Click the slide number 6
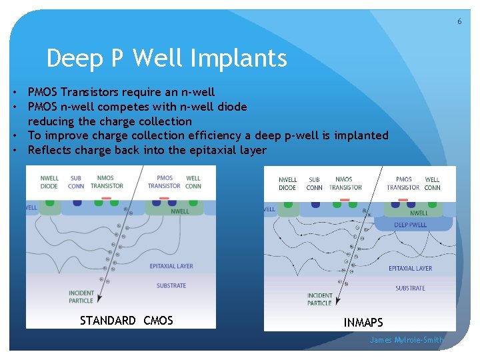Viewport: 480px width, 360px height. click(x=459, y=21)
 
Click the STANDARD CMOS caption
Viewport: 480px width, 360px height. click(x=126, y=321)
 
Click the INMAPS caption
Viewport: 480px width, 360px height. click(x=363, y=323)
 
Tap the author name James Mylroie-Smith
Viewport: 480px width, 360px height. click(x=407, y=340)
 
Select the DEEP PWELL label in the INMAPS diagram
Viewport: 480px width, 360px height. click(x=410, y=225)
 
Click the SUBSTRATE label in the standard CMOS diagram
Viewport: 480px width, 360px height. click(x=171, y=285)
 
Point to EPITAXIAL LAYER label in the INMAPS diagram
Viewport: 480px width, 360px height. click(x=410, y=268)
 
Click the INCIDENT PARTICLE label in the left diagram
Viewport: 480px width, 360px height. click(x=81, y=297)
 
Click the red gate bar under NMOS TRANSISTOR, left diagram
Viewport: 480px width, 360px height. click(x=105, y=199)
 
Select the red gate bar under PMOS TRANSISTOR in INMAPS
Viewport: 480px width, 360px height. click(x=403, y=199)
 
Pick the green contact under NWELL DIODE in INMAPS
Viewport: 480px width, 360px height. click(x=288, y=204)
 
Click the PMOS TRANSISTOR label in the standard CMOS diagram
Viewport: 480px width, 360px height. click(x=164, y=182)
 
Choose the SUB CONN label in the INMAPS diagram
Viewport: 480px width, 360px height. click(x=315, y=183)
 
